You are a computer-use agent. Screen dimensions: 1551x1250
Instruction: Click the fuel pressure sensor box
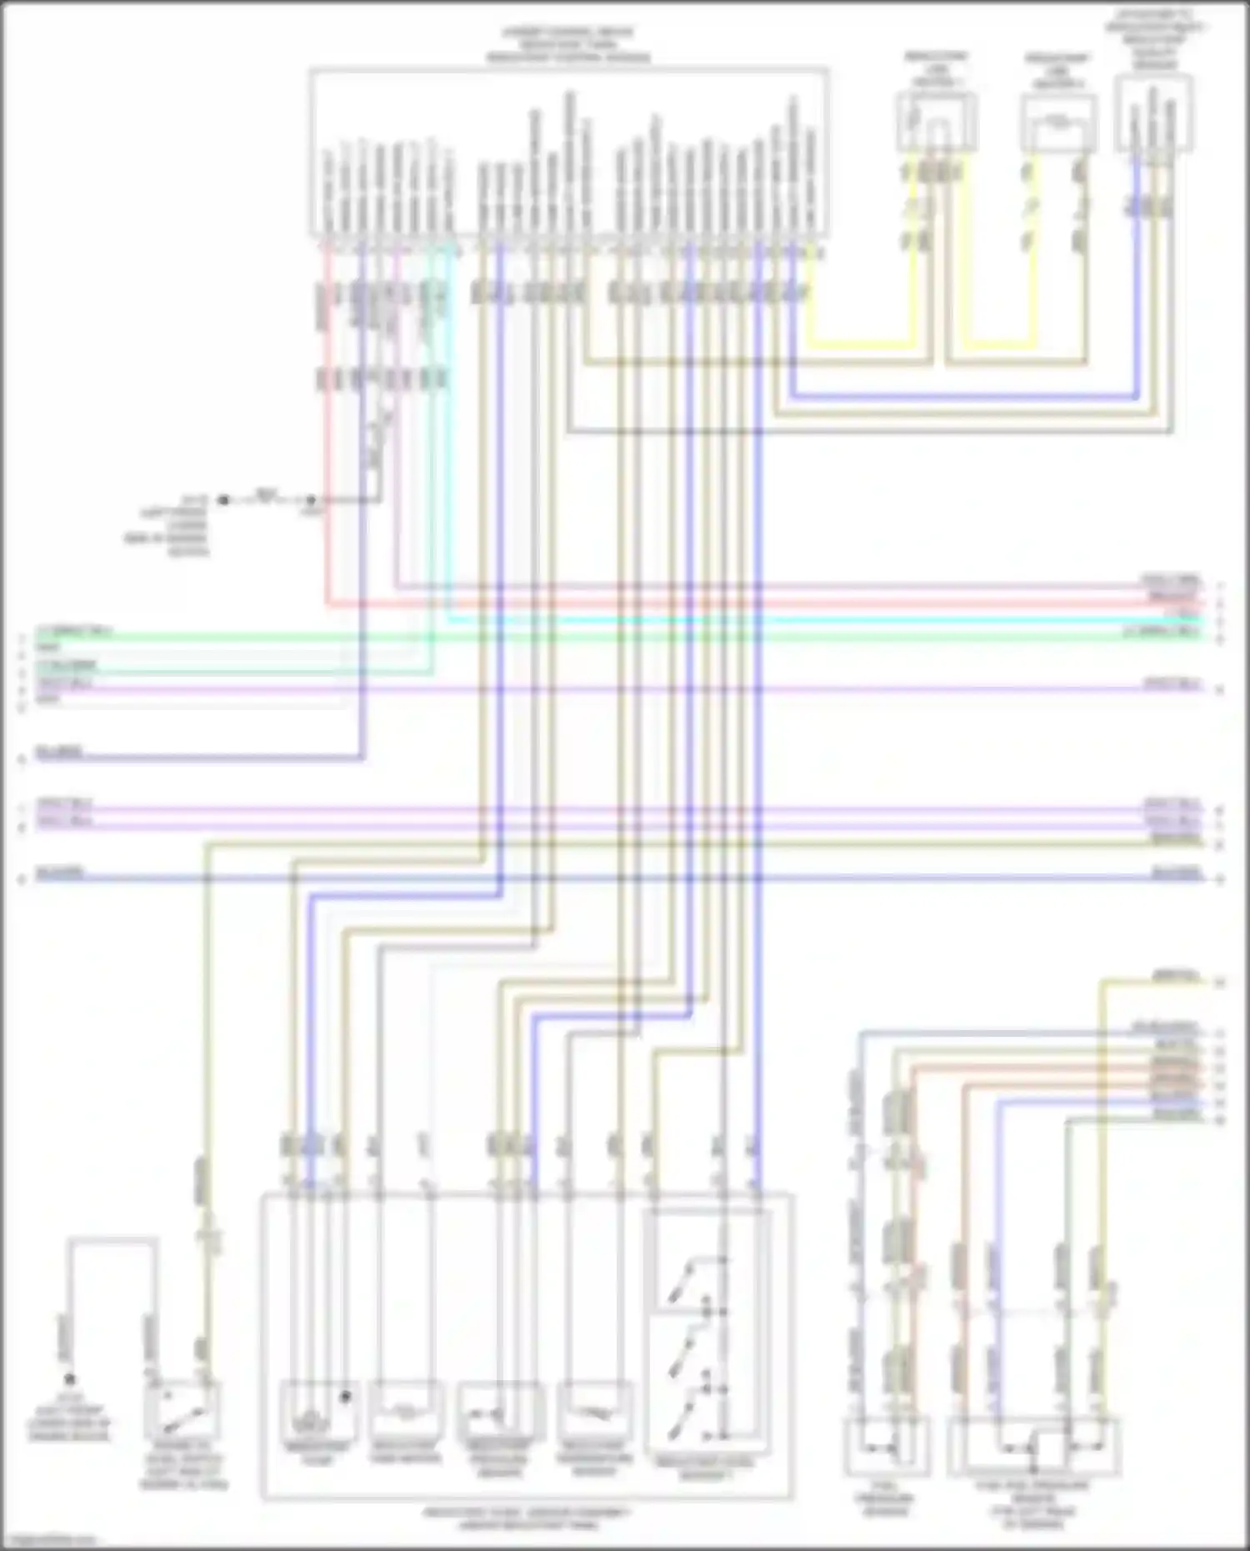(x=886, y=1447)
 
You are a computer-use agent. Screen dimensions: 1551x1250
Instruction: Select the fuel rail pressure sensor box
(x=1033, y=1447)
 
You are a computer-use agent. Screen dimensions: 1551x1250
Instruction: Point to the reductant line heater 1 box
(x=937, y=122)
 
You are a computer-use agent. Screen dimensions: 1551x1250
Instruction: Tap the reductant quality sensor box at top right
(x=1154, y=113)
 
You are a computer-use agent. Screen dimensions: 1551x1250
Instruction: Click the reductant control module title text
(x=568, y=46)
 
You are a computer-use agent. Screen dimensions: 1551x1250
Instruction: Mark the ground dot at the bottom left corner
(x=70, y=1379)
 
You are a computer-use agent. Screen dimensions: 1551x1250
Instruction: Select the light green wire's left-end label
(x=73, y=631)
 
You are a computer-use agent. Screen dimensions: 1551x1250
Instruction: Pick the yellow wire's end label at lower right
(x=1175, y=975)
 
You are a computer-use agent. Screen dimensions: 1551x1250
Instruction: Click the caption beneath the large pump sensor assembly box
(x=527, y=1518)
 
